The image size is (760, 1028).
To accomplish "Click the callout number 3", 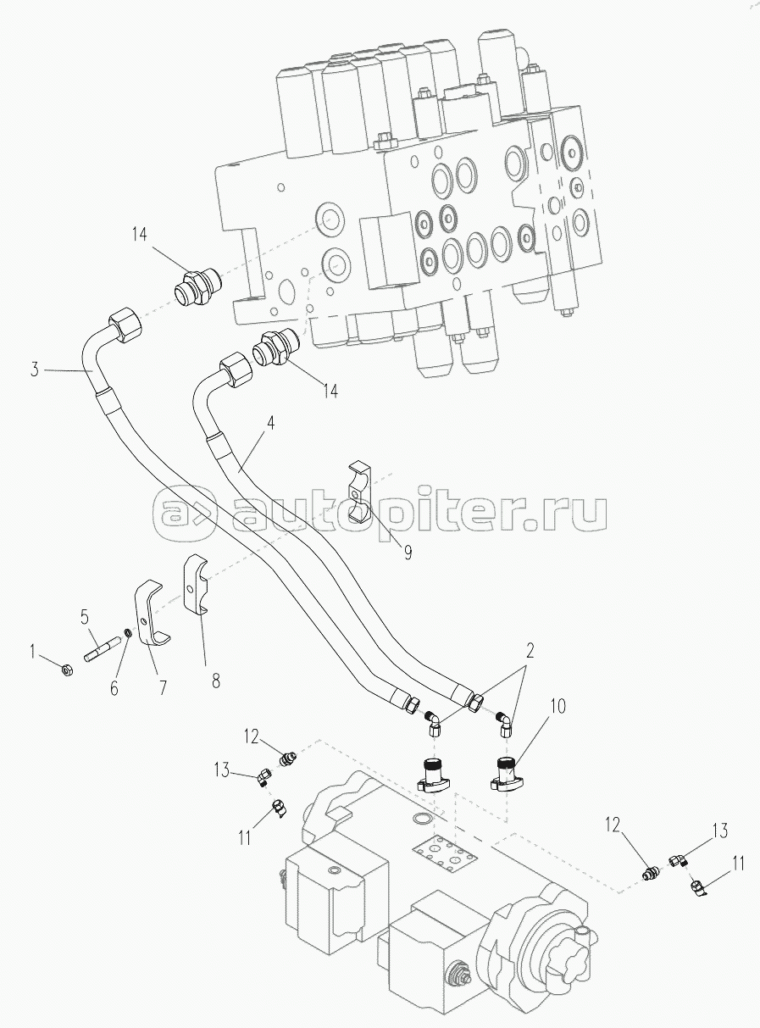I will tap(35, 369).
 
